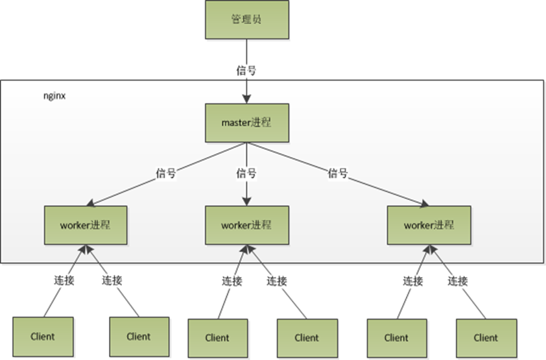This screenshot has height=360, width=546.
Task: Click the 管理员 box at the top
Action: (246, 20)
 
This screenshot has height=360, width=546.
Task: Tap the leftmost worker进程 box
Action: (84, 225)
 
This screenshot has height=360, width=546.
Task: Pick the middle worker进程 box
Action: (246, 225)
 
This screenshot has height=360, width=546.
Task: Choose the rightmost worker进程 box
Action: (428, 225)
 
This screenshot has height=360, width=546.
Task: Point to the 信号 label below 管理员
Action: (246, 70)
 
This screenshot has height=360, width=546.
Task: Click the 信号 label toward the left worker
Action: (166, 173)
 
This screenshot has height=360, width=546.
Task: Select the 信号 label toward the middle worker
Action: (246, 173)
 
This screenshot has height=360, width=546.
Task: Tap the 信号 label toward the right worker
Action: (338, 173)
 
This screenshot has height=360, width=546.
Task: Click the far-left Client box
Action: (43, 336)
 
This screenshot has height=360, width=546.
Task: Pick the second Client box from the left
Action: (139, 336)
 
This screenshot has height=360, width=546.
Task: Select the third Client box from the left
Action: (217, 337)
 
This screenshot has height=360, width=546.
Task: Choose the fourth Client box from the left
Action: (307, 337)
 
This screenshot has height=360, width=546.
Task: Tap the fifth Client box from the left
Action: (396, 337)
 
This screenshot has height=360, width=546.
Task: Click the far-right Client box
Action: (486, 337)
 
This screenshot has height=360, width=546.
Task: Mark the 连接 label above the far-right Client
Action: (457, 281)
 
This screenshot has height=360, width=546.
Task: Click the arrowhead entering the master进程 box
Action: (246, 99)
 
